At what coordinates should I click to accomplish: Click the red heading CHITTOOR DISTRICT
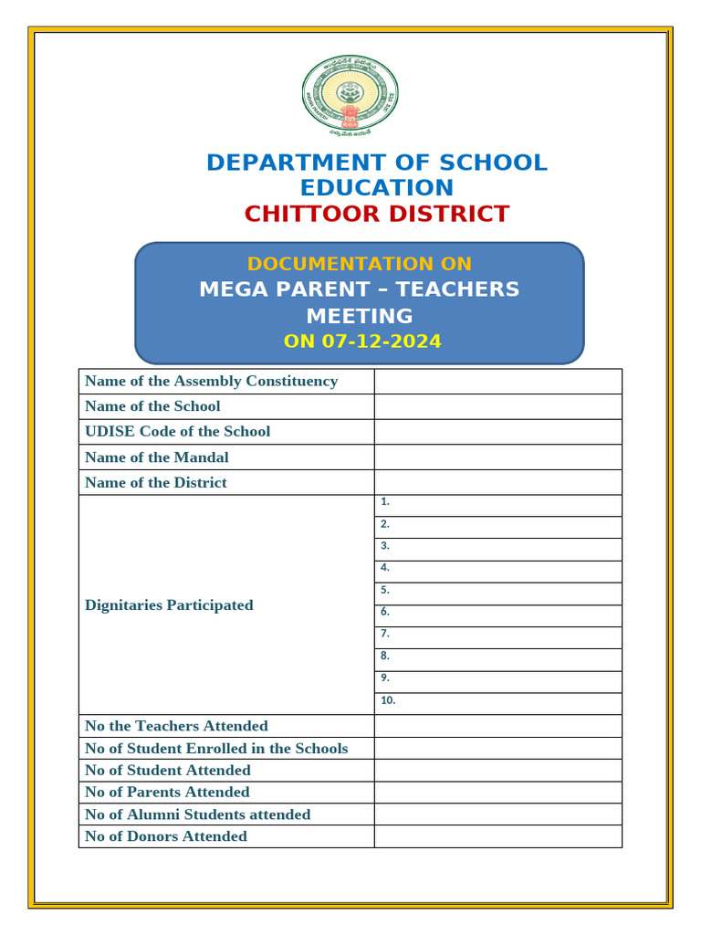click(x=376, y=215)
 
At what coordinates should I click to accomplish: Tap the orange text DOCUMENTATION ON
click(x=359, y=264)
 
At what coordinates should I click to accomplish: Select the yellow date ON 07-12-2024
click(x=362, y=341)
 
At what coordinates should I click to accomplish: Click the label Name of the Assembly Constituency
click(x=211, y=381)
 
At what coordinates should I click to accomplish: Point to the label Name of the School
click(x=152, y=406)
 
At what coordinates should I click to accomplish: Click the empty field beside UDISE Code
click(x=497, y=432)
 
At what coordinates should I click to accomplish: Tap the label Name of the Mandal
click(x=156, y=457)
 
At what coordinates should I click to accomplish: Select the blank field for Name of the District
click(x=497, y=482)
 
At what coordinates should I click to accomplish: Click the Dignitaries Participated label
click(x=169, y=605)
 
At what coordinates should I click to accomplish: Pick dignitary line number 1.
click(x=497, y=505)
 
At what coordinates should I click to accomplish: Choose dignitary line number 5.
click(x=497, y=594)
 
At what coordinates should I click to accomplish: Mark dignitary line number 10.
click(x=497, y=703)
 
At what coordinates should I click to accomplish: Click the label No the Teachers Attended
click(x=176, y=726)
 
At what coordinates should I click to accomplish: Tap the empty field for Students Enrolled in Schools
click(x=497, y=749)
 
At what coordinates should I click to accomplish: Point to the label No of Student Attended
click(x=167, y=771)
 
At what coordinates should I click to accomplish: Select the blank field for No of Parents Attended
click(x=497, y=793)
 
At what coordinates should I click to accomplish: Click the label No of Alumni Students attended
click(x=197, y=814)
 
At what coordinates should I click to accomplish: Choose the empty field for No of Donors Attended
click(x=497, y=836)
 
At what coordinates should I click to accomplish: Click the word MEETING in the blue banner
click(x=359, y=316)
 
